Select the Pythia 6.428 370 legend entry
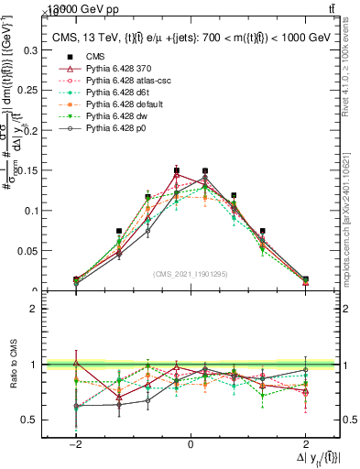(x=115, y=69)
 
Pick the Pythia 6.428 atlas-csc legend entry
(x=121, y=81)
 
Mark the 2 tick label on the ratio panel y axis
(x=38, y=309)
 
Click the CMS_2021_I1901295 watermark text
(x=191, y=274)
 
